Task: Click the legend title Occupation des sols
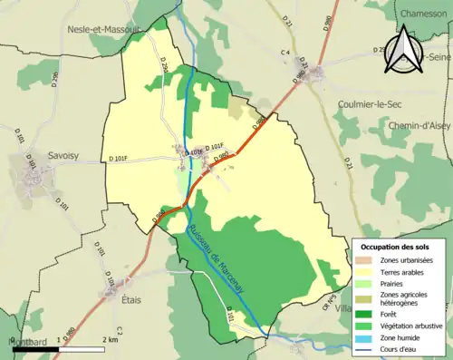tap(396, 247)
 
